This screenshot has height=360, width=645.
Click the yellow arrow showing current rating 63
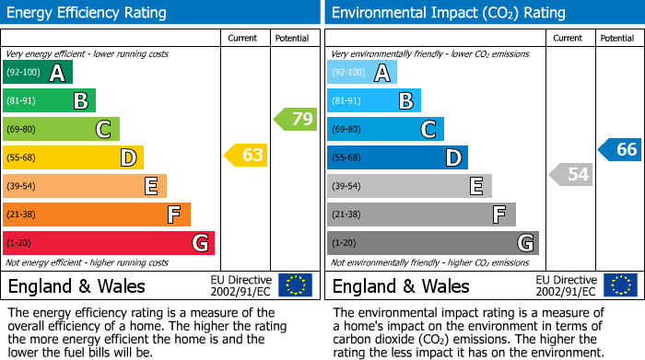coord(246,156)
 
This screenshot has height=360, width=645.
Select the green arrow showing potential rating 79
coord(296,119)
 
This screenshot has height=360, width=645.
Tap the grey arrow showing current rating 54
coord(570,174)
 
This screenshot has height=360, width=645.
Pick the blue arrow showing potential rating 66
coord(620,149)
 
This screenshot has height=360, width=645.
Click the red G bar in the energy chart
coord(109,243)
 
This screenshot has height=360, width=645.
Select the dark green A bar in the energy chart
coord(38,73)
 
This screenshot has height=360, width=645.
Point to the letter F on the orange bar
coord(173,215)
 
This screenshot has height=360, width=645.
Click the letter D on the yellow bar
coord(127,158)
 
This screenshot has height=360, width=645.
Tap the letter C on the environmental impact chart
coord(428,130)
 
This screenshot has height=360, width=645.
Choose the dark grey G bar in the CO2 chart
coord(432,243)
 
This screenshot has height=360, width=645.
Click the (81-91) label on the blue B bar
coord(346,101)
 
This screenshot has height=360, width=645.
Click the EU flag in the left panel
coord(295,285)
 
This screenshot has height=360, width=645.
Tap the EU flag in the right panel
coord(619,285)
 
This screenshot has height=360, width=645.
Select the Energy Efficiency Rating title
coord(87,13)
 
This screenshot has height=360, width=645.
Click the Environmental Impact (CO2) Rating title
coord(448,13)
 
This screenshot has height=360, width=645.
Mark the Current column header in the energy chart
coord(242,38)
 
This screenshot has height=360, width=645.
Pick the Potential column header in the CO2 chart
coord(616,38)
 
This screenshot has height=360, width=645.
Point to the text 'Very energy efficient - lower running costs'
coord(87,55)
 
